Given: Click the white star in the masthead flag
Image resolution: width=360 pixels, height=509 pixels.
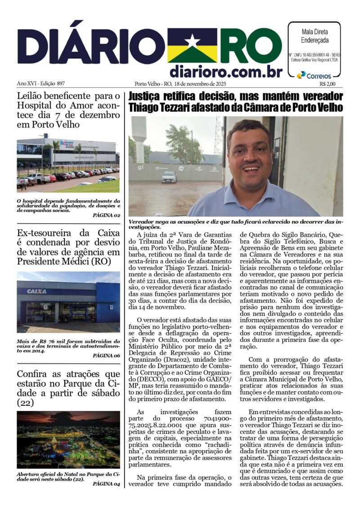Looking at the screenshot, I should point(192,41).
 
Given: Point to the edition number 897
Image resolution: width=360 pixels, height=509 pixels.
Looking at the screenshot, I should point(61,84).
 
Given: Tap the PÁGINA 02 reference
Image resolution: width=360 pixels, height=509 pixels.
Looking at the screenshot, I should point(106,216).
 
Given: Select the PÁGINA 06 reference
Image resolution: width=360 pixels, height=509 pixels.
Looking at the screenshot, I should point(106,356).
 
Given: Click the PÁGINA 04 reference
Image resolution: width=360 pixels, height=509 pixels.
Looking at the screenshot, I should point(106,484).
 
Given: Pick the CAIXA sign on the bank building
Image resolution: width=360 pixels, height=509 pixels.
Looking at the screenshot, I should point(37,291).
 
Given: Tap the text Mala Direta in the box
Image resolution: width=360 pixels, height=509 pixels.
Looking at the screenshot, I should point(314,32).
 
